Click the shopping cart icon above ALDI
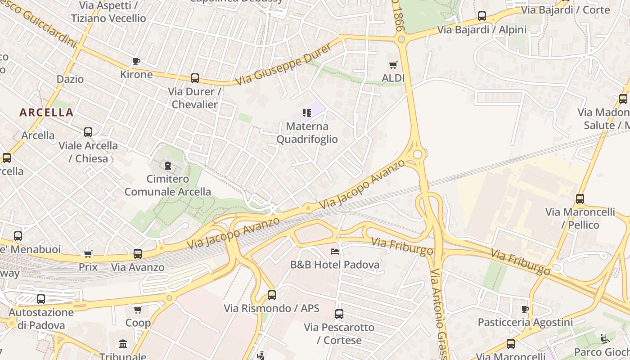(393, 65)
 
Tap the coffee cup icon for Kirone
(136, 61)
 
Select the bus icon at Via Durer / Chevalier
(194, 78)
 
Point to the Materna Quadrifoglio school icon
(307, 113)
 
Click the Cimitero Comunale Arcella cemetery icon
(168, 166)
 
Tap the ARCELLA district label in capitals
(46, 112)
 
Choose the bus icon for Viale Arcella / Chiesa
(88, 132)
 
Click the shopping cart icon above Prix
(88, 254)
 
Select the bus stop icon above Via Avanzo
(138, 254)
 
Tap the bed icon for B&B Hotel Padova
(335, 252)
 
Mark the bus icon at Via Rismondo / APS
(272, 295)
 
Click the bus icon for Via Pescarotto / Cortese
(339, 314)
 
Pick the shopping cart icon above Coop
(138, 310)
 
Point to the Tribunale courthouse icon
(123, 344)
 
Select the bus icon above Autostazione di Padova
(41, 299)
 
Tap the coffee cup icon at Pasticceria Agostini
(525, 309)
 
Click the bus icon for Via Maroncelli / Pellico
(580, 199)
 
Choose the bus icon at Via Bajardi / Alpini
(482, 17)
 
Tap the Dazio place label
(70, 79)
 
